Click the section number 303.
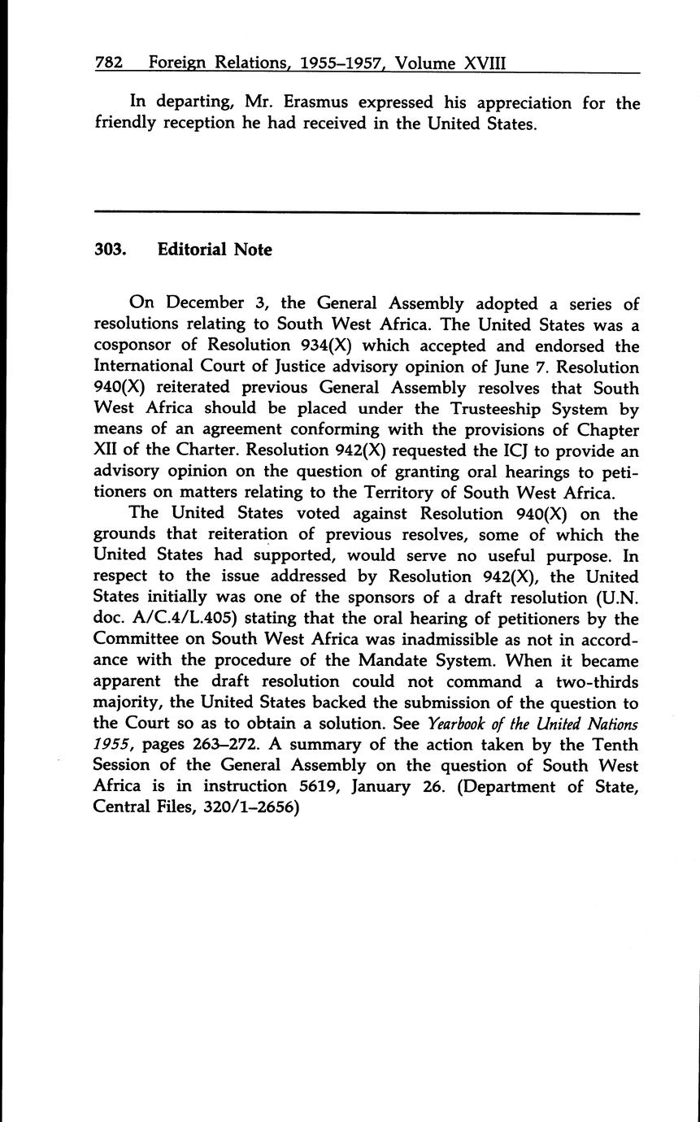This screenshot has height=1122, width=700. pyautogui.click(x=111, y=250)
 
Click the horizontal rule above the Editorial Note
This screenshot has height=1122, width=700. pyautogui.click(x=367, y=213)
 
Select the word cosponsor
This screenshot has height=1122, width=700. pyautogui.click(x=137, y=346)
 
